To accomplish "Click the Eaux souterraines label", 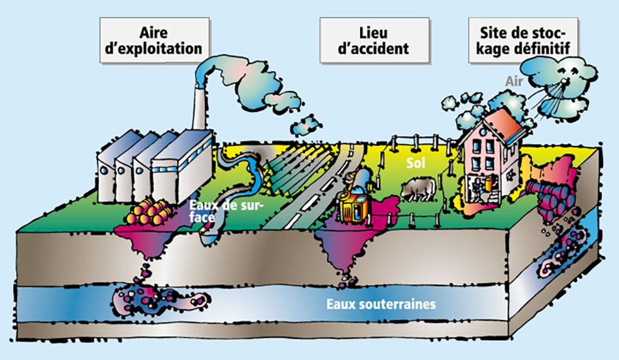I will point(381,304).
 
